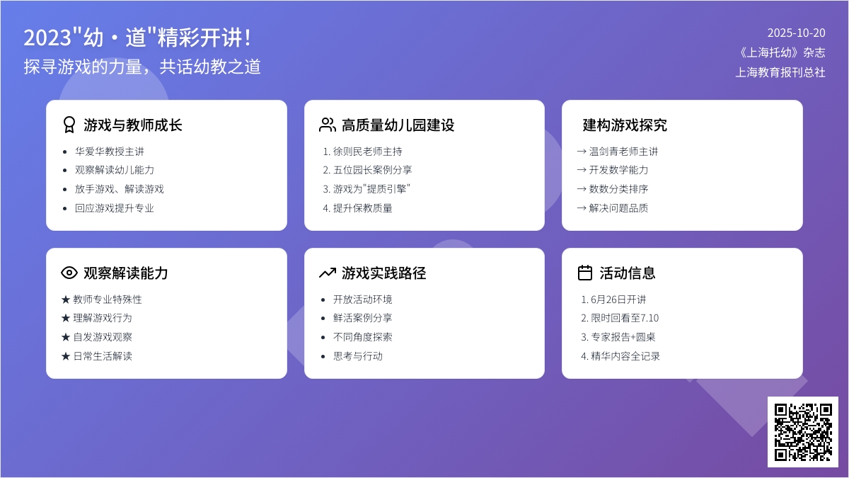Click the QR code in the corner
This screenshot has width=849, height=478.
pyautogui.click(x=803, y=432)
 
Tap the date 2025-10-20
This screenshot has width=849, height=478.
pyautogui.click(x=797, y=33)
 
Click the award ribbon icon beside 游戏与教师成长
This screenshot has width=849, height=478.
pyautogui.click(x=69, y=125)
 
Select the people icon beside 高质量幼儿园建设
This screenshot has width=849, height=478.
pyautogui.click(x=328, y=125)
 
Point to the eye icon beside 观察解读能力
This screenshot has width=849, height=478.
pyautogui.click(x=69, y=273)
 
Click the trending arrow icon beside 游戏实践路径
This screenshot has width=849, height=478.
pyautogui.click(x=328, y=273)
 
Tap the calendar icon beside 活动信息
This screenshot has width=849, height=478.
pyautogui.click(x=585, y=273)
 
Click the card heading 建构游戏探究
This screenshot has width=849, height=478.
pyautogui.click(x=625, y=125)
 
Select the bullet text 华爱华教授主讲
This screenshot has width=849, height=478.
pyautogui.click(x=110, y=152)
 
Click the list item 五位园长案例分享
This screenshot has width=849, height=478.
pyautogui.click(x=373, y=170)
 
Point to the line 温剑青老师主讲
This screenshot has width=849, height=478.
pyautogui.click(x=623, y=152)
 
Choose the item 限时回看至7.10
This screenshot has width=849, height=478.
pyautogui.click(x=625, y=318)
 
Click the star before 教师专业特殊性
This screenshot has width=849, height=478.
pyautogui.click(x=66, y=300)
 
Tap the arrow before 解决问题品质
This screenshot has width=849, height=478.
pyautogui.click(x=582, y=208)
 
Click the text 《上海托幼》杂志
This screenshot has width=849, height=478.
pyautogui.click(x=782, y=52)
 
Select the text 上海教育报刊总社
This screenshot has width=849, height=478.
pyautogui.click(x=780, y=72)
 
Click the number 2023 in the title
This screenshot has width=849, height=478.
pyautogui.click(x=47, y=38)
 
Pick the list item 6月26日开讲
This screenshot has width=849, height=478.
pyautogui.click(x=618, y=300)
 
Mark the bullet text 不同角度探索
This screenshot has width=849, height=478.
pyautogui.click(x=363, y=337)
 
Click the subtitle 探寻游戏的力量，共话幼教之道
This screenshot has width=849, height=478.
pyautogui.click(x=142, y=67)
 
